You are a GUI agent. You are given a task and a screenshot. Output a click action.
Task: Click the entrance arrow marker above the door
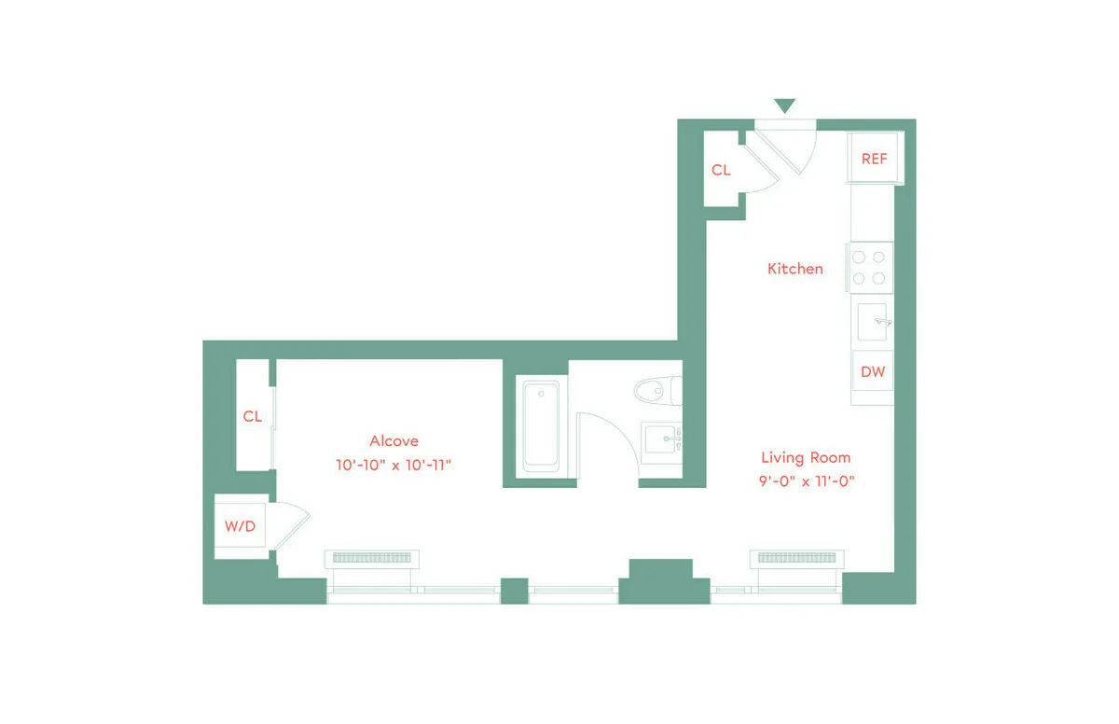coord(785,105)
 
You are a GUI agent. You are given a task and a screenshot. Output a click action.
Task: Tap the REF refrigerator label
coord(874,159)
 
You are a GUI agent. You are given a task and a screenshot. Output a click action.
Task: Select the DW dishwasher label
coord(873,371)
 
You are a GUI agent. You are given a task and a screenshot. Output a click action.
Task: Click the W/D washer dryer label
coord(240,526)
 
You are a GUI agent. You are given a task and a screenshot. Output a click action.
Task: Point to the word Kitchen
coord(794,269)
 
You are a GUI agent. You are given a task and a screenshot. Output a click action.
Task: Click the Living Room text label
coord(806,457)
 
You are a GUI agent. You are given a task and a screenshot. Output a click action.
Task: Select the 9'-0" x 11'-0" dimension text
coord(806,481)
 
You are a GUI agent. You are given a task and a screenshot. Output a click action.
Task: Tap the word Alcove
coord(394,441)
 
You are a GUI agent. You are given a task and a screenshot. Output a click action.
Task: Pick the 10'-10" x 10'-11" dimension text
coord(394,465)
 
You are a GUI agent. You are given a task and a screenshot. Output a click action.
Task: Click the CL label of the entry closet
coord(721,171)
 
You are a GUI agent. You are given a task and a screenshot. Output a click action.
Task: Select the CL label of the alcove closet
coord(252,416)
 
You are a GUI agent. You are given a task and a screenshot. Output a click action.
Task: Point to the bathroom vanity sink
coord(663,437)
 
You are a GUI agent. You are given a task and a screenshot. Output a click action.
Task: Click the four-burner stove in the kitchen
coord(869,267)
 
